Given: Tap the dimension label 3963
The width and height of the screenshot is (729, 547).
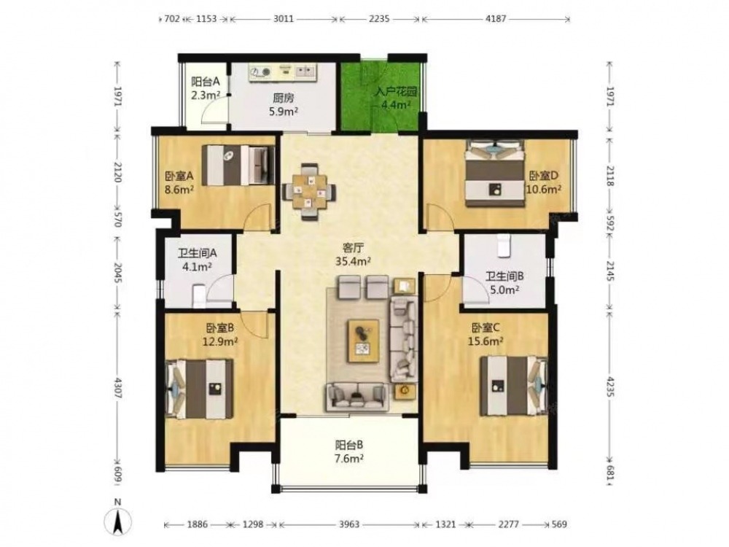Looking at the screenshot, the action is click(x=348, y=524).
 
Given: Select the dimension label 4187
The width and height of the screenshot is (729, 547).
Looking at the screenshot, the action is click(x=496, y=19).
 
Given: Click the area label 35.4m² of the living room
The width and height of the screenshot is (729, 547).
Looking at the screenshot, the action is click(x=353, y=261).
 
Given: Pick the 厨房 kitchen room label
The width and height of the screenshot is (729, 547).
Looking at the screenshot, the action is click(x=283, y=98).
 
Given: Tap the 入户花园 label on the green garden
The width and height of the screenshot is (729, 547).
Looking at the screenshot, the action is click(x=396, y=91).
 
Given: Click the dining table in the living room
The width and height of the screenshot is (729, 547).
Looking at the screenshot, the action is click(x=308, y=192).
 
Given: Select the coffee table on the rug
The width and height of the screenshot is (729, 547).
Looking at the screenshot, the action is click(x=364, y=341).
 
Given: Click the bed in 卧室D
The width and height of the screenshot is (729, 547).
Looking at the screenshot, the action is click(x=496, y=173).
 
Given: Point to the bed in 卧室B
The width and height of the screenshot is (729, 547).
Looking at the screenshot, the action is click(x=200, y=389).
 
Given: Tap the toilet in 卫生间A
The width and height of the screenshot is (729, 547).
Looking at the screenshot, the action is click(x=198, y=295).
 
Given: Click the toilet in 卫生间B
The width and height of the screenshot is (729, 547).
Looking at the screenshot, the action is click(x=503, y=246).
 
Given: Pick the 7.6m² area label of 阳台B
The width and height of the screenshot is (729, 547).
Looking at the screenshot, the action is click(x=348, y=458).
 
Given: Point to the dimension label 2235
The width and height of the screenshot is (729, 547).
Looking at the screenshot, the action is click(x=379, y=19).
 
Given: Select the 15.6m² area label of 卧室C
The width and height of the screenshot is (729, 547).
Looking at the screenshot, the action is click(x=486, y=341).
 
